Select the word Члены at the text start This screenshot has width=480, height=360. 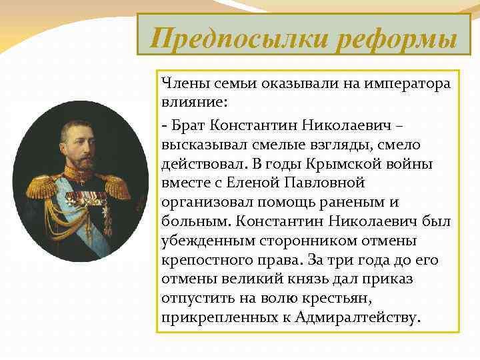[181, 85]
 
